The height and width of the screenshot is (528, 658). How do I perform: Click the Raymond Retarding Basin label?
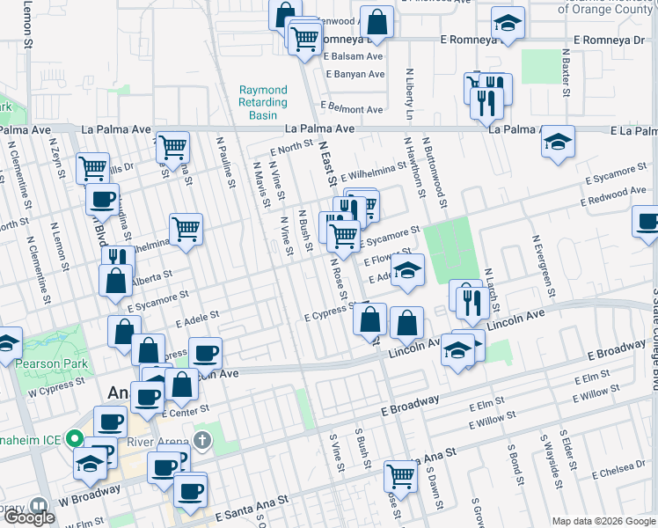click(x=263, y=103)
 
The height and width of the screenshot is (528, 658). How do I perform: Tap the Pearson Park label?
click(x=55, y=363)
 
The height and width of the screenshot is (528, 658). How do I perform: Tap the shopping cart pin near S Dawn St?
click(x=400, y=475)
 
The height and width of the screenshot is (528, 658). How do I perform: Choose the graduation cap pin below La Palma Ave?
click(x=557, y=141)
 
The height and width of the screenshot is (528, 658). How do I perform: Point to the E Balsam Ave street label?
click(x=353, y=56)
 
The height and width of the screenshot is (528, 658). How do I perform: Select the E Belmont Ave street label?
click(x=352, y=110)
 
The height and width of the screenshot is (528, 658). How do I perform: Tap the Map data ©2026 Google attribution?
click(x=603, y=521)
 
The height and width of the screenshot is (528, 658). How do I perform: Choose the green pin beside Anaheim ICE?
click(x=76, y=437)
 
